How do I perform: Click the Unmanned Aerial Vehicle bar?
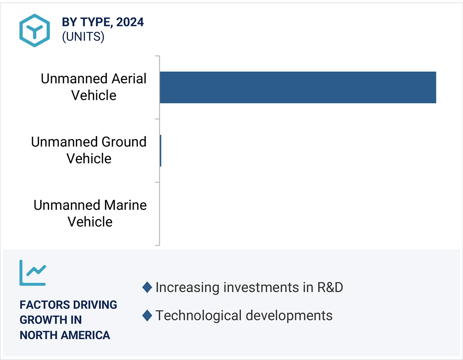pos(298,88)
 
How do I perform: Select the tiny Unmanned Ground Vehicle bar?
pos(160,150)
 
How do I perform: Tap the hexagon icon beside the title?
pos(34,30)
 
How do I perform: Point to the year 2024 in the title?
pos(130,22)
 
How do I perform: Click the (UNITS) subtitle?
pos(83,37)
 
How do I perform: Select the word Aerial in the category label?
pos(129,79)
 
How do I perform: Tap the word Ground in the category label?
pos(124,142)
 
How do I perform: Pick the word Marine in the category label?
pos(125,205)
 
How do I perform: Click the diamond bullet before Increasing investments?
pos(147,288)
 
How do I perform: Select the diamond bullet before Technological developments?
pos(147,316)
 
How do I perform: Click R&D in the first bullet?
pos(330,287)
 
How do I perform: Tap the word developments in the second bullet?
pos(289,316)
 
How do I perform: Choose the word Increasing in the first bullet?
pos(187,288)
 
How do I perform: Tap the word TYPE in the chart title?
pos(94,22)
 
